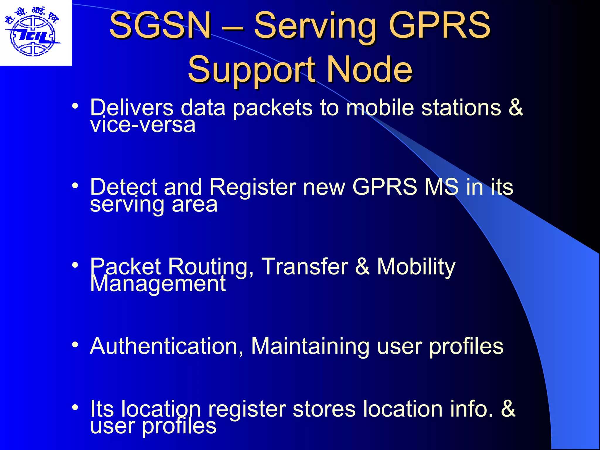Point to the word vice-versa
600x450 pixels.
[143, 125]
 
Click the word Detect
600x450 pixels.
[123, 187]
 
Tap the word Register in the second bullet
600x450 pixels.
[253, 187]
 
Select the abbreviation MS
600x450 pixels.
[442, 187]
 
